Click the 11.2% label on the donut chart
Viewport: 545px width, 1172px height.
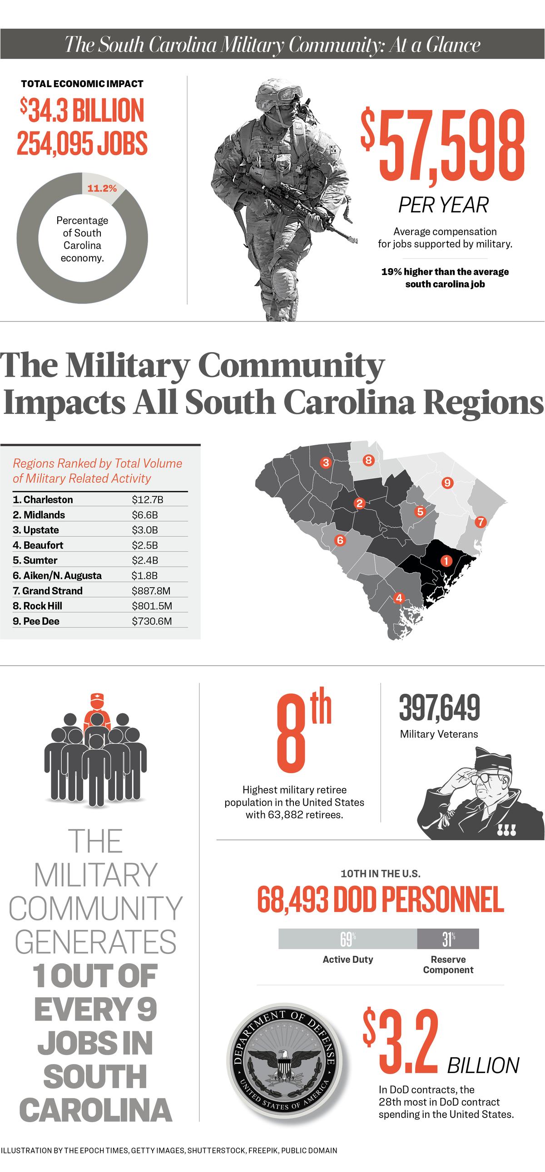pos(102,188)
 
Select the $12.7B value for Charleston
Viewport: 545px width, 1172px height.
pos(147,500)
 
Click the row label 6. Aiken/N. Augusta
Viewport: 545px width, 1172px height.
pos(57,575)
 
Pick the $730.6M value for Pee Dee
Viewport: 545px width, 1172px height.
pos(152,621)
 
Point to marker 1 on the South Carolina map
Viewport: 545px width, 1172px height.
pos(446,561)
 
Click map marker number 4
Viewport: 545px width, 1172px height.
pos(399,598)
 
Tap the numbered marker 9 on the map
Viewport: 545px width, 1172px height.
pos(447,483)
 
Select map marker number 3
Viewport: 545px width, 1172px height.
pos(325,463)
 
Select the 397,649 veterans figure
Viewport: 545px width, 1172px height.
pos(439,708)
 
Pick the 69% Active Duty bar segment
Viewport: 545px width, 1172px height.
pos(347,939)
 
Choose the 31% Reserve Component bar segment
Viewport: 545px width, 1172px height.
pos(448,939)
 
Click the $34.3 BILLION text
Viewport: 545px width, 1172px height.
pos(82,111)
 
